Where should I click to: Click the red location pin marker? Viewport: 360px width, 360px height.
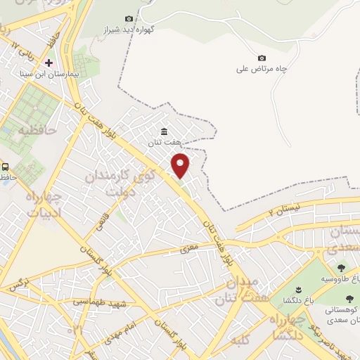[181, 165]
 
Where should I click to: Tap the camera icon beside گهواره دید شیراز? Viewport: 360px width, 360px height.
[129, 18]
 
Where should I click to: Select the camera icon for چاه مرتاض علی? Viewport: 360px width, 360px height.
[262, 58]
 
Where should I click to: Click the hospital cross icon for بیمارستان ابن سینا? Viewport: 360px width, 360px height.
[49, 63]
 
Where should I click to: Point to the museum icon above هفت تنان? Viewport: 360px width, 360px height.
[164, 131]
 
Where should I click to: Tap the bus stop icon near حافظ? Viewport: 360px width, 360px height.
[6, 167]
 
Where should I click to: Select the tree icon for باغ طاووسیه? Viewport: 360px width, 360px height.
[342, 268]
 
